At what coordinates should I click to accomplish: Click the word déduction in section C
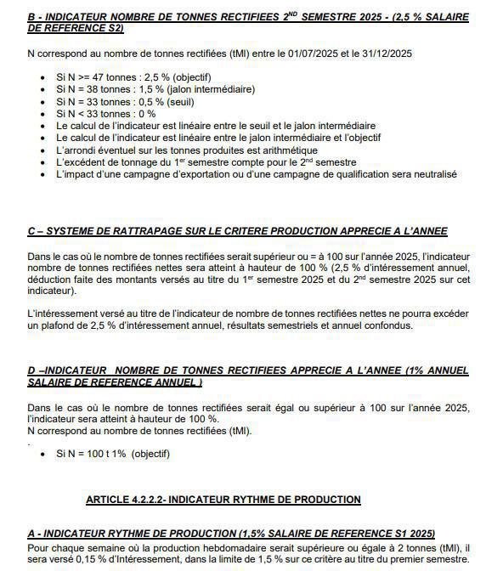pos(52,280)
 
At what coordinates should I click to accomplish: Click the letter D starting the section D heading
pos(31,371)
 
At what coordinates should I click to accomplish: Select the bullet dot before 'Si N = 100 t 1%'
pos(44,454)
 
